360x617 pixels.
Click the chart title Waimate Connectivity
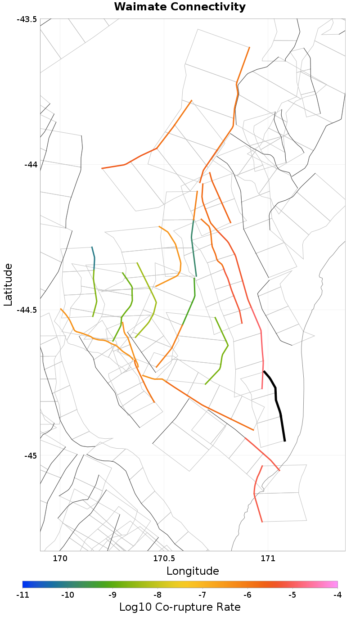180,7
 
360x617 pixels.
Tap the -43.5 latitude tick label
27,20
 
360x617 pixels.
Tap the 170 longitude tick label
60,559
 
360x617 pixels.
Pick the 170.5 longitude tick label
164,559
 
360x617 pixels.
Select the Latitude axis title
9,284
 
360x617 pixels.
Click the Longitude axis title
193,571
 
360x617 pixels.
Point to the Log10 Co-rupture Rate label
180,607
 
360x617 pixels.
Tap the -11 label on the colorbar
22,595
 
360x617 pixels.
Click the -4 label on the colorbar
337,595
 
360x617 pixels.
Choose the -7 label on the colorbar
202,595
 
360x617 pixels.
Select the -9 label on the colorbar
112,595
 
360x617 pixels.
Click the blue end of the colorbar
25,584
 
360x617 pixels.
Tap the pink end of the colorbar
335,584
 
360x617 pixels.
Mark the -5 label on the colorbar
292,595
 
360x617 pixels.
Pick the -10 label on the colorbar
67,595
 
